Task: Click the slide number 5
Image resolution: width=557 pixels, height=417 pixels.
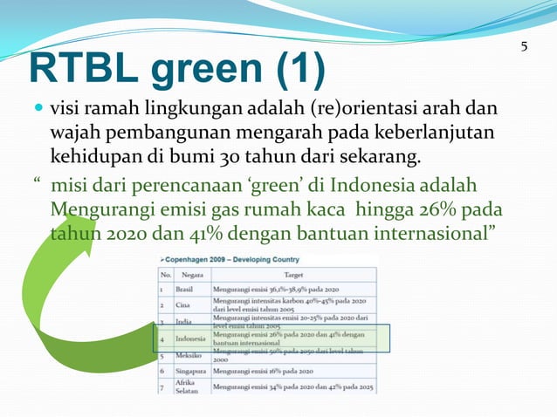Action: [524, 46]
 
